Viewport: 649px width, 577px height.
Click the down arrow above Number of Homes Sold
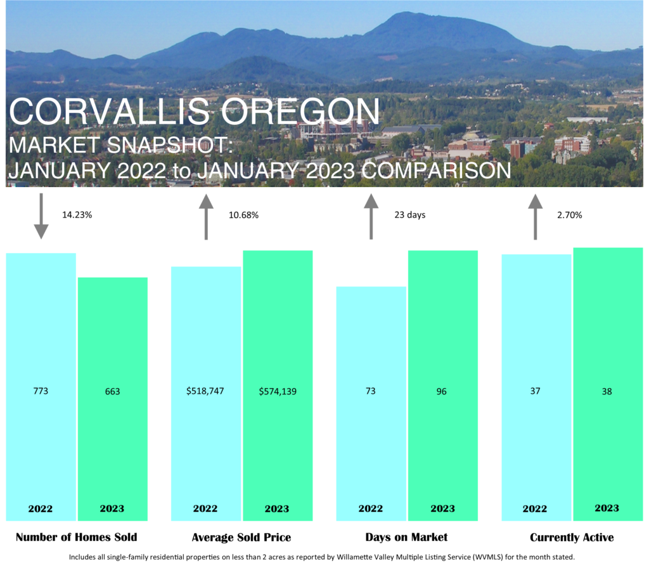(41, 216)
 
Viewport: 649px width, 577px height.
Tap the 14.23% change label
(77, 214)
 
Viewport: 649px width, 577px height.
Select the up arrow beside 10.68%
(206, 217)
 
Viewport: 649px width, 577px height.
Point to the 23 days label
(410, 214)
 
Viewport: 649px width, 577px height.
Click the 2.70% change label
(570, 215)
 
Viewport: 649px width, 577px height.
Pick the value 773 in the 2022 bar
(41, 391)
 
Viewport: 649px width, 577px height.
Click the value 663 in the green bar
(113, 391)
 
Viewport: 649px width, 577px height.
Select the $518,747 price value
(205, 391)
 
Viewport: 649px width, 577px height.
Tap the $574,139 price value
(278, 391)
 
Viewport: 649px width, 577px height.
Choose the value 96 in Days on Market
(442, 391)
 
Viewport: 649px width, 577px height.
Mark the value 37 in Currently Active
(535, 391)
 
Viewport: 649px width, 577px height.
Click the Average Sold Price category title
(241, 537)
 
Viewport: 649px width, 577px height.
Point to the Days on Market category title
(406, 537)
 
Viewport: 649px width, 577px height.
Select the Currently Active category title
(572, 537)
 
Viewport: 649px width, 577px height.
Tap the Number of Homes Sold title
(76, 537)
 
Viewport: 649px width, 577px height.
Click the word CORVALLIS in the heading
(109, 112)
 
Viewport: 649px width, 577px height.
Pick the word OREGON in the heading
(300, 112)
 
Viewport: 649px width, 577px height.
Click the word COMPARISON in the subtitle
(436, 171)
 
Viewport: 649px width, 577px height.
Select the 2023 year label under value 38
(607, 509)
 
